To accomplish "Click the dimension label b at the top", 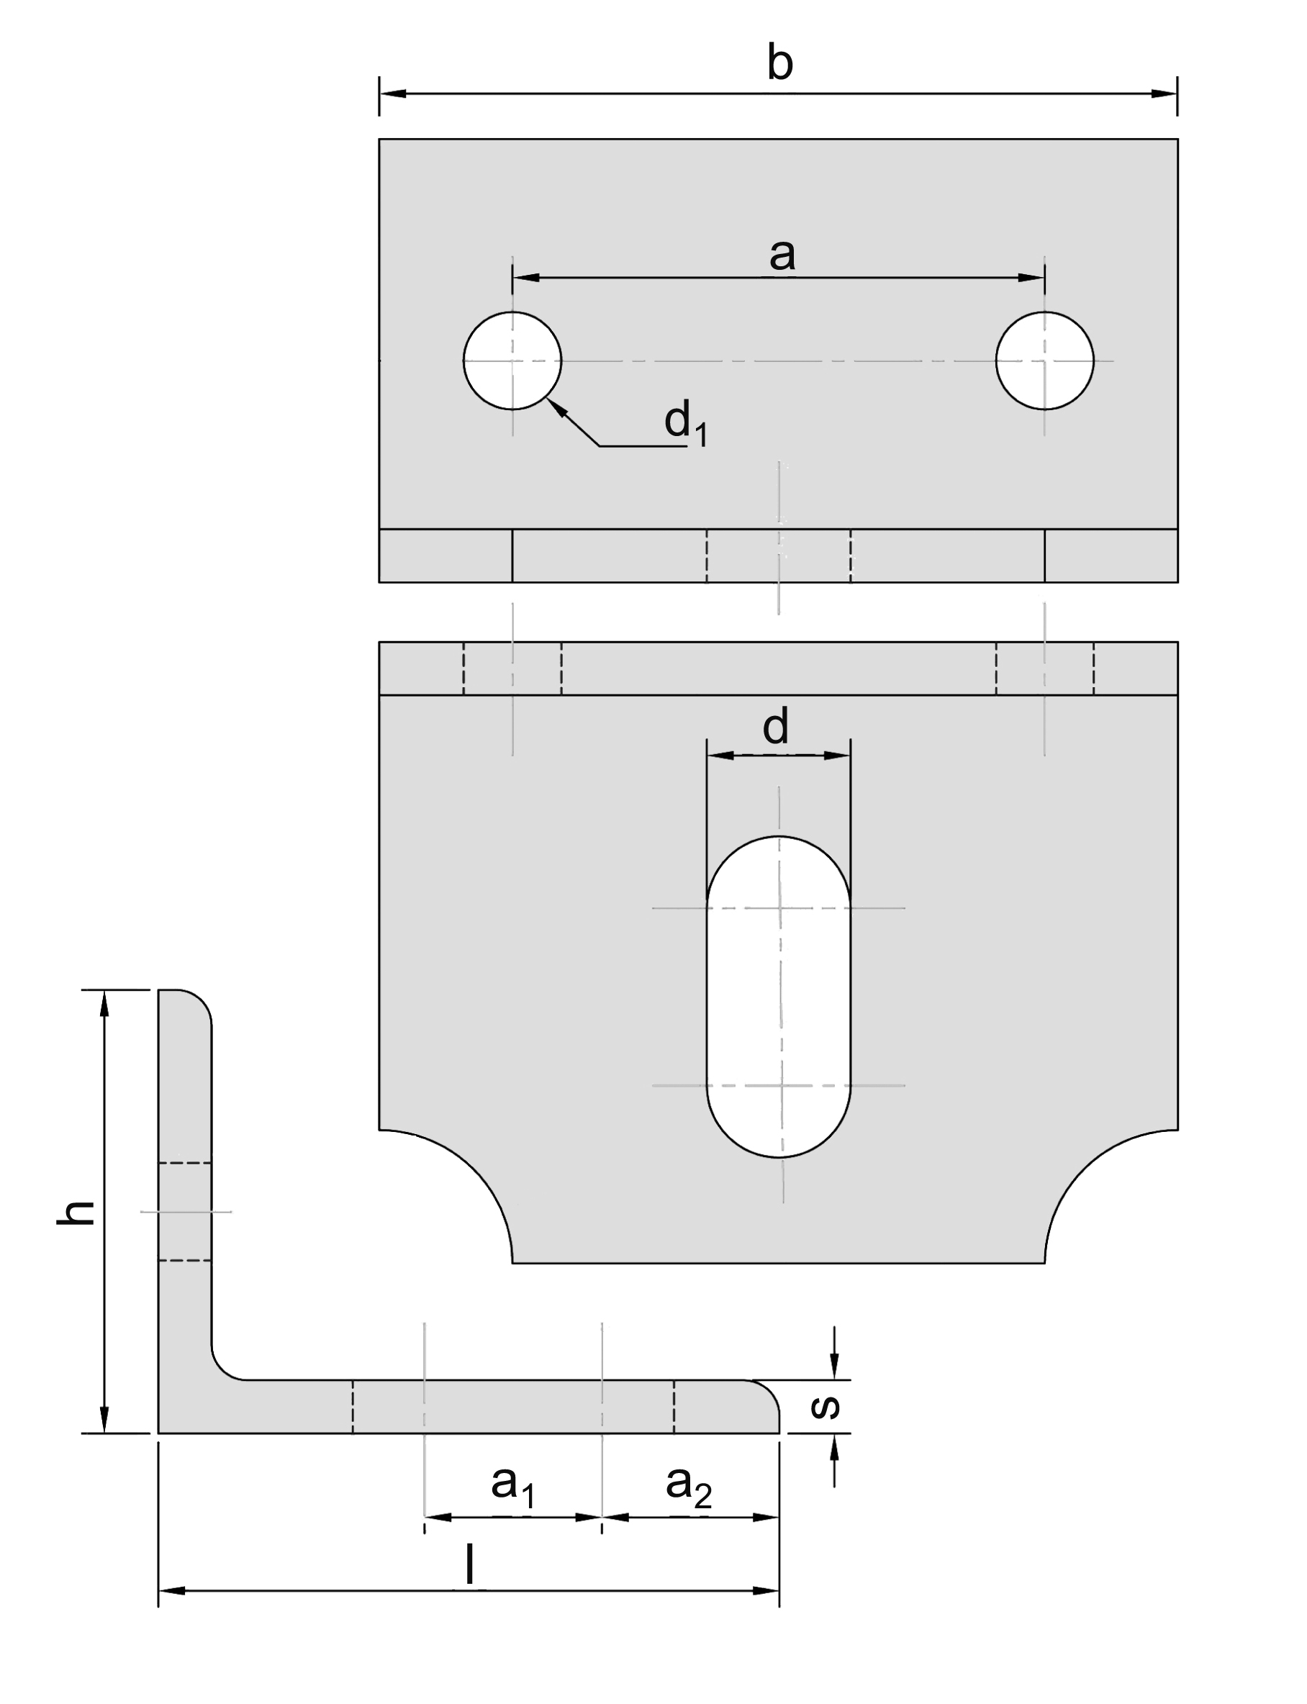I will pos(779,64).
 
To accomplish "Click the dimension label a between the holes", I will pos(782,254).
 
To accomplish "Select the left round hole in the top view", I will pos(512,360).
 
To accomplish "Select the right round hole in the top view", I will pos(1044,360).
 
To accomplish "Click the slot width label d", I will pos(776,728).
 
